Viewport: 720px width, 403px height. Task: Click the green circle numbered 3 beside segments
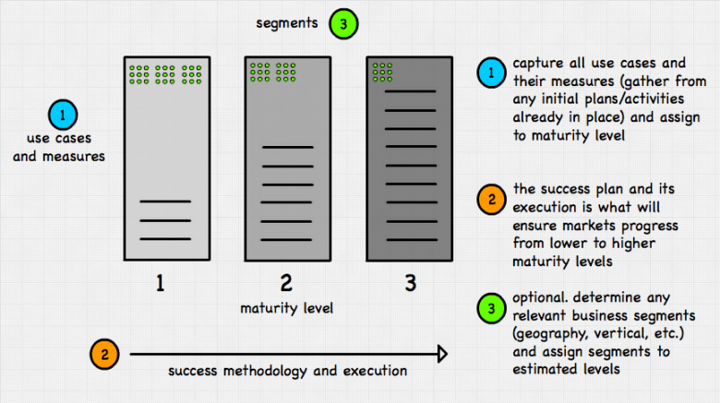(342, 25)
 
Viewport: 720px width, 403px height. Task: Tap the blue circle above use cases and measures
(62, 116)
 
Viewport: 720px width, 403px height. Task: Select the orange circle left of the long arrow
(105, 353)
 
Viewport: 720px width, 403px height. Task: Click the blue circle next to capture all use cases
(492, 71)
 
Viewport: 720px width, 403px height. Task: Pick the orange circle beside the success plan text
(492, 198)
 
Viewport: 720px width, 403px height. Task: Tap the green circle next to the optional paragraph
(492, 308)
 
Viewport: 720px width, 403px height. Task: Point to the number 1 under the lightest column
(160, 282)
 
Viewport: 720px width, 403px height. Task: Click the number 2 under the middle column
(285, 282)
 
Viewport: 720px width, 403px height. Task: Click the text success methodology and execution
(287, 371)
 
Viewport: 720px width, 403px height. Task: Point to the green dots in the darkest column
(381, 72)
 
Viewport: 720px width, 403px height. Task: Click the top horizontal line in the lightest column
(164, 201)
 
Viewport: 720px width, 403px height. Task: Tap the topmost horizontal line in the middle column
(287, 147)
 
